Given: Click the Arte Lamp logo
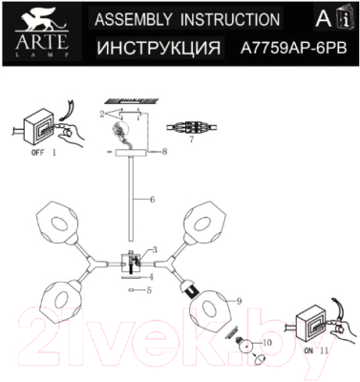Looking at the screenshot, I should click(x=34, y=32).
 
